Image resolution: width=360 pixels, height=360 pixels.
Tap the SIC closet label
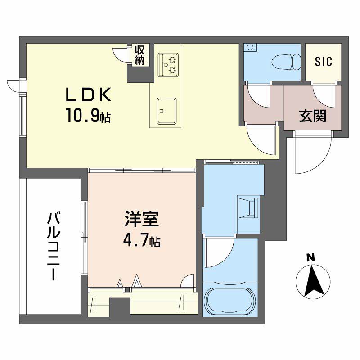click(x=323, y=62)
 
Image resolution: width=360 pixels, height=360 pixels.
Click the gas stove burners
click(x=169, y=63)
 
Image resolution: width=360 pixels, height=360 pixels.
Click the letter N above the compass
click(x=310, y=257)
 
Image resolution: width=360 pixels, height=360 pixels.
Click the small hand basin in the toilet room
click(x=250, y=47)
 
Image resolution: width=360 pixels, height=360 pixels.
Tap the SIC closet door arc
click(x=324, y=94)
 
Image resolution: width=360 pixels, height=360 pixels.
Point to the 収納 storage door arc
click(x=121, y=54)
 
